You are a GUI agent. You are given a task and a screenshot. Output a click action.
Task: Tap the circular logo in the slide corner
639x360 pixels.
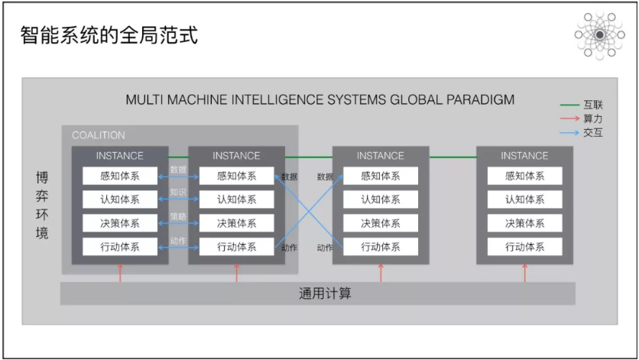click(599, 34)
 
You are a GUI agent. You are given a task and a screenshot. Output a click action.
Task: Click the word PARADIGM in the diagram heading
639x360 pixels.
click(480, 100)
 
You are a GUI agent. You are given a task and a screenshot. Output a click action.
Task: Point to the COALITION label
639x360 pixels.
click(99, 135)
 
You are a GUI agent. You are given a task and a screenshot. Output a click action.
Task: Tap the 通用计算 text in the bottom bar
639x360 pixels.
click(325, 294)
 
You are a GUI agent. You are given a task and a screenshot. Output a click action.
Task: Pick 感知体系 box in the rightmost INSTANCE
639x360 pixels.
click(524, 176)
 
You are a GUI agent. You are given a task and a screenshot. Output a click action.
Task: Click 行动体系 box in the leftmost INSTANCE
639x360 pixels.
click(120, 247)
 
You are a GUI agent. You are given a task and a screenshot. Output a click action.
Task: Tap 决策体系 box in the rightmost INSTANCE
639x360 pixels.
click(524, 223)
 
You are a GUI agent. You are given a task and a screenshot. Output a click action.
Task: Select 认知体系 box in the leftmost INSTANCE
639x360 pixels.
click(120, 199)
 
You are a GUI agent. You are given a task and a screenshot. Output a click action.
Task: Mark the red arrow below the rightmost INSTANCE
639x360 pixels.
click(525, 274)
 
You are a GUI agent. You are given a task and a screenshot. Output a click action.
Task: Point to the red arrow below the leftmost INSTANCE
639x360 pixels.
click(120, 274)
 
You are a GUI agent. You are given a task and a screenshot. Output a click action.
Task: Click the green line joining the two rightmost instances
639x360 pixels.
click(452, 157)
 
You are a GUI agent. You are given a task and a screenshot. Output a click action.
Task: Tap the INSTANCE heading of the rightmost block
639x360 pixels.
click(524, 155)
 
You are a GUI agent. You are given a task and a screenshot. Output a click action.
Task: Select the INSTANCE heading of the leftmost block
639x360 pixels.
click(120, 155)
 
